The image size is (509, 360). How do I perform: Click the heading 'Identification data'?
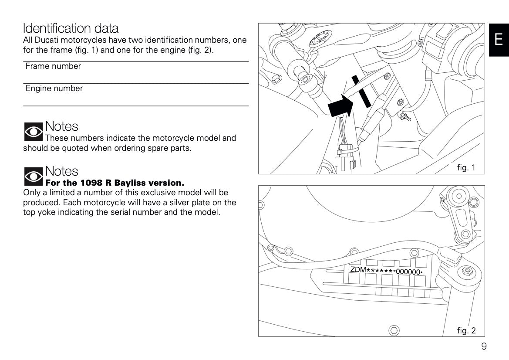click(x=71, y=28)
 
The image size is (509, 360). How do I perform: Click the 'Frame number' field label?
click(x=53, y=66)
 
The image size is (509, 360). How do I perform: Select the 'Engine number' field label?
click(x=54, y=88)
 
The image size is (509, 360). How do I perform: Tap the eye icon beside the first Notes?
click(x=33, y=131)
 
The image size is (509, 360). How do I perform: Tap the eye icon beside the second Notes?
click(x=33, y=176)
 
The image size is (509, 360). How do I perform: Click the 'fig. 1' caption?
click(x=466, y=167)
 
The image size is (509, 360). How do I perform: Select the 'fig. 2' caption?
click(x=466, y=330)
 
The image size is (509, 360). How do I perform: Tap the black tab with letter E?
click(x=499, y=40)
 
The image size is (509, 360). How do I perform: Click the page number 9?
click(x=484, y=346)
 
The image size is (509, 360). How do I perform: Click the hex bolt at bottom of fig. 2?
click(x=393, y=329)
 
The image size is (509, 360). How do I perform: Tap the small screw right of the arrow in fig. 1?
click(x=406, y=117)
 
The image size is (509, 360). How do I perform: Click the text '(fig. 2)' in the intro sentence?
click(x=200, y=50)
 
